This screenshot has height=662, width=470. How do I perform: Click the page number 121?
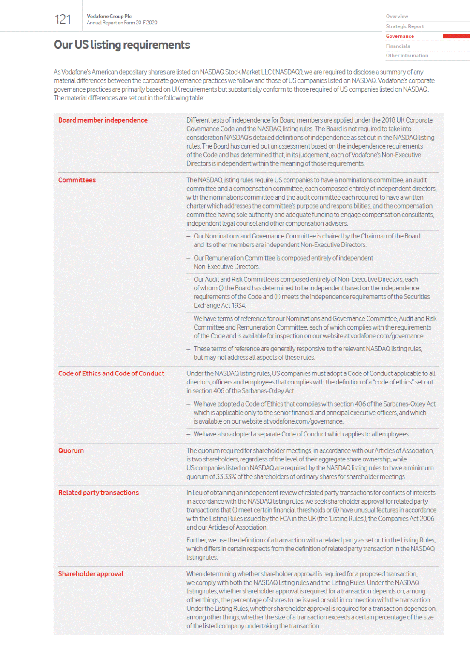pos(63,20)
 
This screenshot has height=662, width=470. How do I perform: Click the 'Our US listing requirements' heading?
pos(122,45)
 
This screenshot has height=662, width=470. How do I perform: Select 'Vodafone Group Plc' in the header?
pos(109,17)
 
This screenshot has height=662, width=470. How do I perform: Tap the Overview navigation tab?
pos(397,17)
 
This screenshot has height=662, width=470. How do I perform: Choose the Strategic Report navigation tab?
pos(404,26)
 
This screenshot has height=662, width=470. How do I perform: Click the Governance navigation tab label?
pos(400,36)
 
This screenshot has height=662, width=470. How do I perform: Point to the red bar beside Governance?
pos(456,36)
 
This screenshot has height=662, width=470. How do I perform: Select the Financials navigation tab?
pos(398,46)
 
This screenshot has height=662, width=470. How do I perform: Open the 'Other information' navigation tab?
pos(407,56)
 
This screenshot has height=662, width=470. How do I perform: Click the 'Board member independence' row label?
pos(103,120)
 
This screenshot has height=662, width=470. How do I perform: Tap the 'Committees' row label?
pos(77,180)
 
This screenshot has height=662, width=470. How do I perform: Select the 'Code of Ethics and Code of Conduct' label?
pos(111,373)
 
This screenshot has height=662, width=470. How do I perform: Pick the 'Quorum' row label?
pos(71,450)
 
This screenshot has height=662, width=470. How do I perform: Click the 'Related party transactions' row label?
pos(98,493)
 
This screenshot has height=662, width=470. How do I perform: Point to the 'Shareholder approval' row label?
pos(91,574)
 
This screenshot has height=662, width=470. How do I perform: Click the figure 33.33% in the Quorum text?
pos(226,477)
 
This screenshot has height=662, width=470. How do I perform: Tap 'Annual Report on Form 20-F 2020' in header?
pos(122,23)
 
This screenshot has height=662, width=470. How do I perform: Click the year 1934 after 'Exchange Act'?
pos(238,306)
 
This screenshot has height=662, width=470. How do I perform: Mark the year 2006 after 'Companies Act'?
pos(426,519)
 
